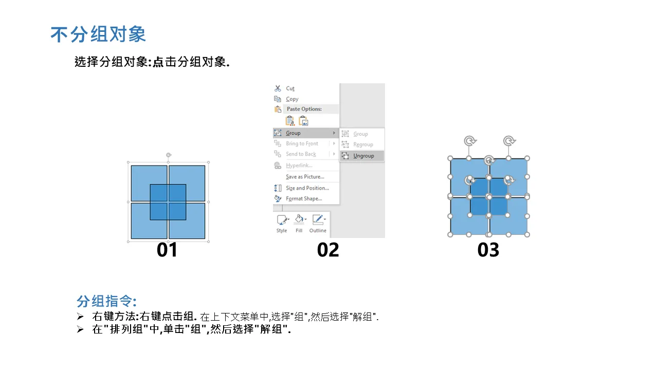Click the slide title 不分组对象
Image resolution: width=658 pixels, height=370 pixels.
98,34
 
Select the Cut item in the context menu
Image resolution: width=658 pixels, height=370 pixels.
290,88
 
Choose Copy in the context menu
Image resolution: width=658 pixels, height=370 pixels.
292,99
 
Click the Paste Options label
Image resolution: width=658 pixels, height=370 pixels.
304,109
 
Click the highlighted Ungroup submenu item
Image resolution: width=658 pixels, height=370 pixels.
363,156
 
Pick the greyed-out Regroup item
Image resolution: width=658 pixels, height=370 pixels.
363,144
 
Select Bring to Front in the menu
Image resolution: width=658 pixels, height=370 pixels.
302,143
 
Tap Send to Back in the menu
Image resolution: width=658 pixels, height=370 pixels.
301,154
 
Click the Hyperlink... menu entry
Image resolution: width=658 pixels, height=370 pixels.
299,165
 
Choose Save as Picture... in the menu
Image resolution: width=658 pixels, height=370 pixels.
305,176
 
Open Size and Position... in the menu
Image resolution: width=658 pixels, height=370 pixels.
307,188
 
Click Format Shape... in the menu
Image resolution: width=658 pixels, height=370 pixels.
304,198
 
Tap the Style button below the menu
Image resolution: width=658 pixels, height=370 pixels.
282,224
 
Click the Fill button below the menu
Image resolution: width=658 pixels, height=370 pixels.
299,224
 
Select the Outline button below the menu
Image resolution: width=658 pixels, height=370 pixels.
318,224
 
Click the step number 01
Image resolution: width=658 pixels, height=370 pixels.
167,250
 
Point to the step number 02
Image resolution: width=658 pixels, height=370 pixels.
328,250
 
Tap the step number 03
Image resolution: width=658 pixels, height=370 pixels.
488,250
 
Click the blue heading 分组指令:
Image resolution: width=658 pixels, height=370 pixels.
106,301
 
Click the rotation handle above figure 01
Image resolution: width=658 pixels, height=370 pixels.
169,155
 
